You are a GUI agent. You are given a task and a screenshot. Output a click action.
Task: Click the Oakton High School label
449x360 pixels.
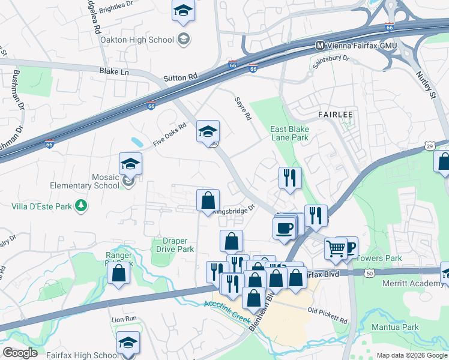coord(137,40)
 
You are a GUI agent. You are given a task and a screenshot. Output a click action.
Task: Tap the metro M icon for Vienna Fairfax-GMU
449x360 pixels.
coord(320,45)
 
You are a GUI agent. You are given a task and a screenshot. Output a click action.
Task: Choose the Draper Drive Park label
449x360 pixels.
coord(175,245)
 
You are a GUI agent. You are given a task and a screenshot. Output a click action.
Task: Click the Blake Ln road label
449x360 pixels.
coord(113,71)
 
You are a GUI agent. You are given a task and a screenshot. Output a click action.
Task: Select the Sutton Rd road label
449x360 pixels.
coord(180,78)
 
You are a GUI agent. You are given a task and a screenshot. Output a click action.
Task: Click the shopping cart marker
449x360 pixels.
coord(336,248)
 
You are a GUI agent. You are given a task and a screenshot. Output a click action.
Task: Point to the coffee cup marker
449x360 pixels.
coord(285,227)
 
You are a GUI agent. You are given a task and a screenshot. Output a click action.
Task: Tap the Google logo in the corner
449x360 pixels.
coord(20,353)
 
